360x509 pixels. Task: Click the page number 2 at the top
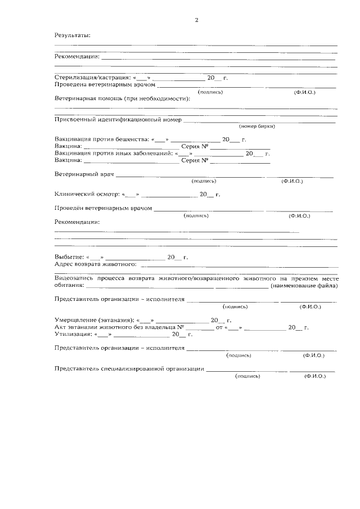pos(196,20)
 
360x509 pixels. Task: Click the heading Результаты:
pos(73,35)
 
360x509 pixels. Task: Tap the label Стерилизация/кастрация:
pos(92,78)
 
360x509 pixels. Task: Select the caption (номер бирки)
pos(256,127)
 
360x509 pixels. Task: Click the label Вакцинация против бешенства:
pos(100,139)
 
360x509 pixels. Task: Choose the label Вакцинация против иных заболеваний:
pos(114,153)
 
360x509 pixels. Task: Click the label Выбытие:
pos(68,257)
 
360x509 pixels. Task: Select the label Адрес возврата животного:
pos(96,264)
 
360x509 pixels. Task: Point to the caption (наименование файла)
pos(304,286)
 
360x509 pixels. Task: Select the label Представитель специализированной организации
pos(129,369)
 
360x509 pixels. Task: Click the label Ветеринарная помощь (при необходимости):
pos(122,98)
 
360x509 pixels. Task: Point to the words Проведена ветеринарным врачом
pos(104,84)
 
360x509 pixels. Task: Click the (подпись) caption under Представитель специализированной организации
pos(247,376)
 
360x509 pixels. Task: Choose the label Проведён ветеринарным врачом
pos(103,209)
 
